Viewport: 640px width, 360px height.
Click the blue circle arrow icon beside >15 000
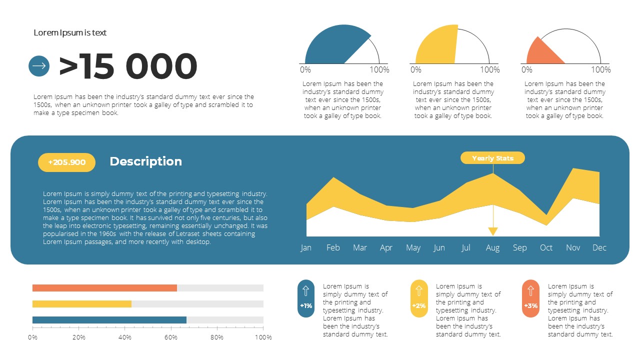(39, 66)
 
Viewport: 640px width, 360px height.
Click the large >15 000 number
(128, 66)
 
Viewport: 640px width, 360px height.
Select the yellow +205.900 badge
(66, 162)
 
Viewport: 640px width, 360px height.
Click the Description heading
(145, 161)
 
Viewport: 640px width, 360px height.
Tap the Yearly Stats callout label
(492, 158)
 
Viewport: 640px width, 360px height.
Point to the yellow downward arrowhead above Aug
(493, 231)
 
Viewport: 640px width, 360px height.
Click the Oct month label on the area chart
(546, 247)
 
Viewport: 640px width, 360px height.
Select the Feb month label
(333, 247)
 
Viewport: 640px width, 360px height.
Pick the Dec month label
(599, 247)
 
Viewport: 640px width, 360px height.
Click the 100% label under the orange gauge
(600, 70)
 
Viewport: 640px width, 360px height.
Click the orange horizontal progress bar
(104, 288)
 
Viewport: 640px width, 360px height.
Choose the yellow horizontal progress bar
(82, 304)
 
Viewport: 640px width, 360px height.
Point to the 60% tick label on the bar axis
(171, 337)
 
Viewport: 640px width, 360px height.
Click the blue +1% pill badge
(306, 298)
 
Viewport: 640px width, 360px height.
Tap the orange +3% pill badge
(531, 298)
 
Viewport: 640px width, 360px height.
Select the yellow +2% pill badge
(419, 298)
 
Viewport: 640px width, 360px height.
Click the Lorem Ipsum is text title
(70, 32)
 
